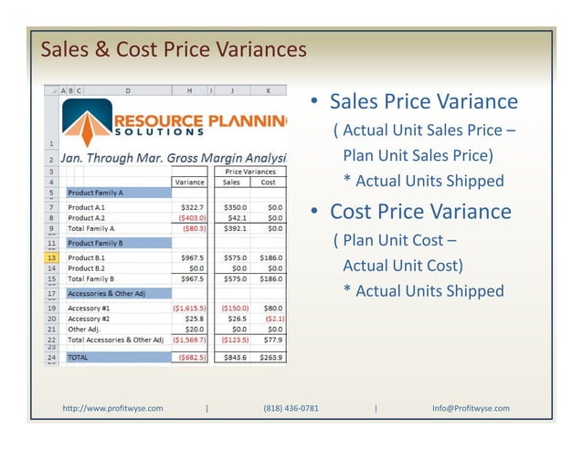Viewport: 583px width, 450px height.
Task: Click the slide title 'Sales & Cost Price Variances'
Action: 174,48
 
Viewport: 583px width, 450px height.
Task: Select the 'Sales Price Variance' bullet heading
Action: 423,101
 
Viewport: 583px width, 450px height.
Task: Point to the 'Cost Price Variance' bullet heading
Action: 420,212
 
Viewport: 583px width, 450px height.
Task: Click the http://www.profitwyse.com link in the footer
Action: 112,408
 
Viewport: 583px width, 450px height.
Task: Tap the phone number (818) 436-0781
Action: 291,408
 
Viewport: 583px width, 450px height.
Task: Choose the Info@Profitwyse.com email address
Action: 471,408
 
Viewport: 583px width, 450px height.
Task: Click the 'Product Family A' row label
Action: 95,194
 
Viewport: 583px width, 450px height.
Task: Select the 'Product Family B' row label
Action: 95,244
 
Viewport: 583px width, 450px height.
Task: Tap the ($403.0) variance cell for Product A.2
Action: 192,219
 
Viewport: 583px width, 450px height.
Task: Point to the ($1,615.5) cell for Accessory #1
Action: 189,309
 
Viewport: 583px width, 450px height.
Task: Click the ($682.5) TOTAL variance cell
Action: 191,358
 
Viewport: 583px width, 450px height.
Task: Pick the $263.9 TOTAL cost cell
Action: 270,358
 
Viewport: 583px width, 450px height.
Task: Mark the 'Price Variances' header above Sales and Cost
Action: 249,172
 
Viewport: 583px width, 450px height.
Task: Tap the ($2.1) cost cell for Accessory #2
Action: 273,319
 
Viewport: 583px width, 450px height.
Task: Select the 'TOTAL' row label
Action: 79,358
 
